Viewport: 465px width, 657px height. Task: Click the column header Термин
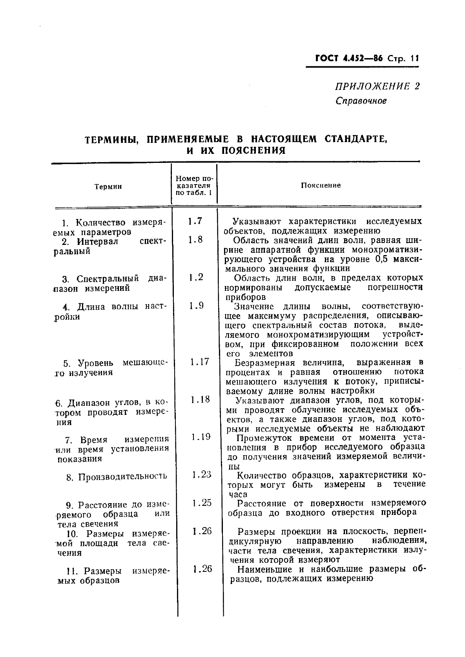(x=108, y=187)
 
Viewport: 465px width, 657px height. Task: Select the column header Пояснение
(x=321, y=185)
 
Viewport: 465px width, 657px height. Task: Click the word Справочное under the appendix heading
(x=361, y=101)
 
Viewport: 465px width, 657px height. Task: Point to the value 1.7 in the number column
(x=195, y=221)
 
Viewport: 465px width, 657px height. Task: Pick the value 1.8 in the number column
(x=195, y=239)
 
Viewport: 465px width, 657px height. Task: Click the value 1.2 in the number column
(x=195, y=277)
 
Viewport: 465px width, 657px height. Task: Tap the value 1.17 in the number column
(x=199, y=361)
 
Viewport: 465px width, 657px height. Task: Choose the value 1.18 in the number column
(x=200, y=400)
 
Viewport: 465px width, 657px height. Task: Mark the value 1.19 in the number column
(x=201, y=437)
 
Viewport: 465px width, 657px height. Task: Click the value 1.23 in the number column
(x=202, y=474)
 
